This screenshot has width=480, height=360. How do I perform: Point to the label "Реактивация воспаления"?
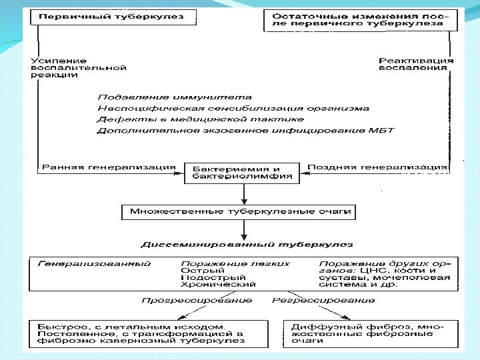415,63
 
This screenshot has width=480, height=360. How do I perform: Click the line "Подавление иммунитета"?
175,97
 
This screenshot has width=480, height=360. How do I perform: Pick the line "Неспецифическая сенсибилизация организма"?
233,108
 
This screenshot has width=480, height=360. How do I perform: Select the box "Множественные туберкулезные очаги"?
239,212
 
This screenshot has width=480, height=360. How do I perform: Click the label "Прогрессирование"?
197,301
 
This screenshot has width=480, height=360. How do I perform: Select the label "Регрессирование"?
323,301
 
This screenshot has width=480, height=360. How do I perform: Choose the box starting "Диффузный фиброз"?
371,333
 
